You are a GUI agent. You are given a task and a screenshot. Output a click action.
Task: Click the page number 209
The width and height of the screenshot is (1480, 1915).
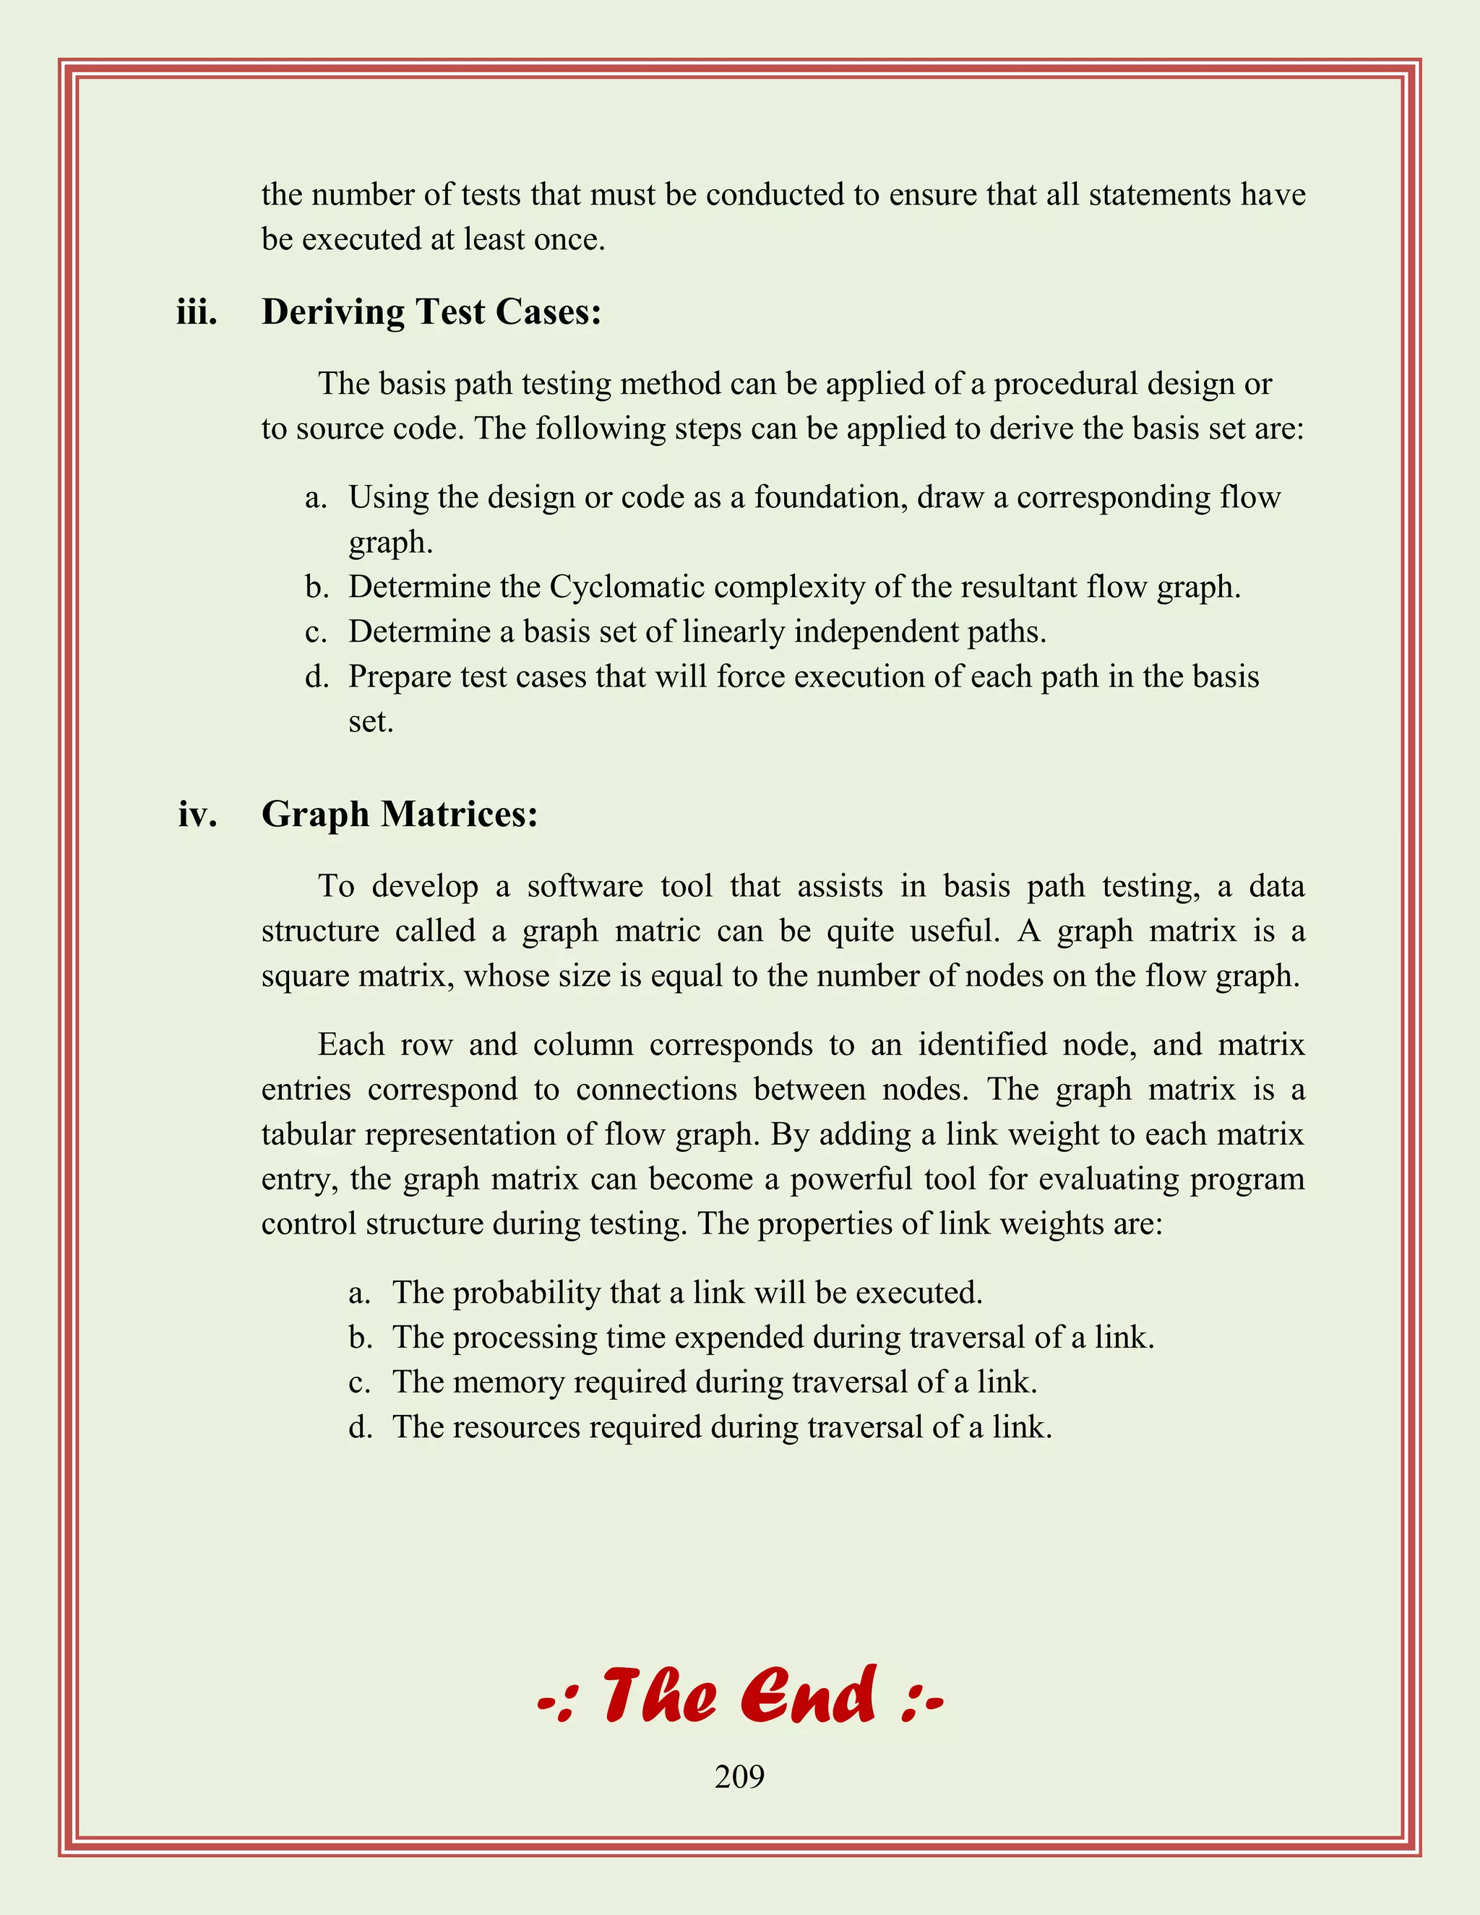pyautogui.click(x=739, y=1776)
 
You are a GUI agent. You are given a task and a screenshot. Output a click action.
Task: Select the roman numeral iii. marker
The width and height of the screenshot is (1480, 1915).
pyautogui.click(x=197, y=312)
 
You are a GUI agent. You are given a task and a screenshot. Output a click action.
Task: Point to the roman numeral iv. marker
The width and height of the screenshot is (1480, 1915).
pyautogui.click(x=197, y=814)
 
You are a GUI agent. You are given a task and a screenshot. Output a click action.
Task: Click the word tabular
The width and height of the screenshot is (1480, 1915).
pyautogui.click(x=309, y=1135)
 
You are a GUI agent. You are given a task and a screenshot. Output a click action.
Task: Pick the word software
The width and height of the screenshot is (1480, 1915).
pyautogui.click(x=585, y=886)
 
